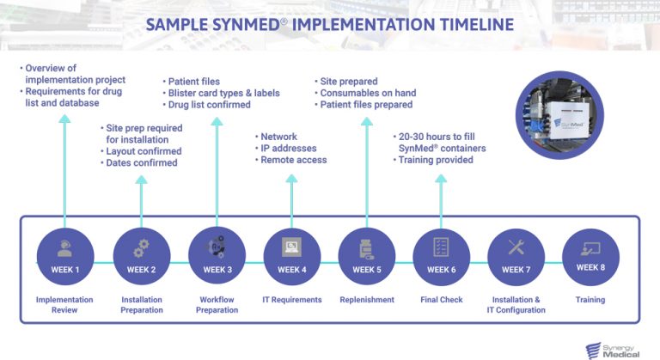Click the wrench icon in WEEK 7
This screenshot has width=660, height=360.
tap(516, 247)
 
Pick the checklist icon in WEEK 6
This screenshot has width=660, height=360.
tap(441, 247)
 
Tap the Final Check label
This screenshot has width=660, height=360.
tap(441, 300)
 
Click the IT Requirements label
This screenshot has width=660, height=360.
tap(291, 300)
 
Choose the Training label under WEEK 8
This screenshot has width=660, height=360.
tap(590, 300)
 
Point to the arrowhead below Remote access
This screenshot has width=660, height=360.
tap(291, 179)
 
